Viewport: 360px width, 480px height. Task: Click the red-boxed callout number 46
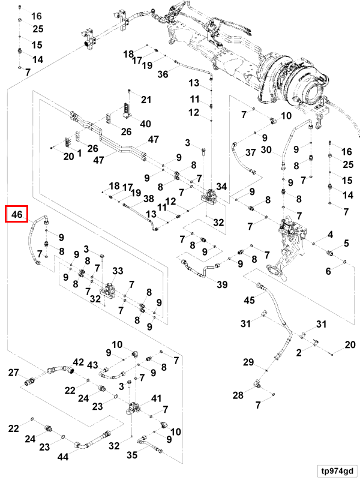tap(17, 214)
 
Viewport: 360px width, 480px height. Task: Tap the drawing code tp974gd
tap(337, 471)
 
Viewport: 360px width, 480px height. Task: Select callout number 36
tap(163, 74)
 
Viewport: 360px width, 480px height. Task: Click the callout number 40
tap(145, 124)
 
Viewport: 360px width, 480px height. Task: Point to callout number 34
tap(221, 187)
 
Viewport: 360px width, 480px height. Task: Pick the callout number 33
tap(118, 271)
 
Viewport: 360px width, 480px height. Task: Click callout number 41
tap(156, 398)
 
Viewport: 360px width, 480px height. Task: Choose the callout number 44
tap(63, 457)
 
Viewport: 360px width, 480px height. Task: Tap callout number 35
tap(132, 455)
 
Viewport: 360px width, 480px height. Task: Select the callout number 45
tap(249, 300)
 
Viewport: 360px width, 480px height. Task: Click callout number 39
tap(222, 284)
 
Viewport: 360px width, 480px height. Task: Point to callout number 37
tap(250, 152)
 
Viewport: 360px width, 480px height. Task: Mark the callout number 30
tap(266, 149)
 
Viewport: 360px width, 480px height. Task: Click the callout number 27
tap(13, 373)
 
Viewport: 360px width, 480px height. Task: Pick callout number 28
tap(238, 395)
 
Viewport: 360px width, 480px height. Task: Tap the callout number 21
tap(146, 100)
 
